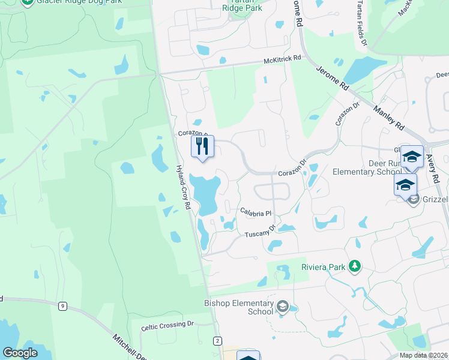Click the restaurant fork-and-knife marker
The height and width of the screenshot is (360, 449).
click(x=202, y=146)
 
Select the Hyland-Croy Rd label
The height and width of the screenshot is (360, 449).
click(x=183, y=187)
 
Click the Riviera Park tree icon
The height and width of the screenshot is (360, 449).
click(x=355, y=266)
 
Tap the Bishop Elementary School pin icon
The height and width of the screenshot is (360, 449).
click(x=283, y=308)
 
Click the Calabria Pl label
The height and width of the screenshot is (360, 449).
click(x=256, y=212)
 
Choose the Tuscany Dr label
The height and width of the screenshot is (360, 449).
click(x=260, y=231)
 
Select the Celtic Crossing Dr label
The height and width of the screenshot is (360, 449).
click(x=168, y=326)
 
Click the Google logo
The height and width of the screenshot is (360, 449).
click(x=20, y=353)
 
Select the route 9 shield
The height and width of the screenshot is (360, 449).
click(x=62, y=306)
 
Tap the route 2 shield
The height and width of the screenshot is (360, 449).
click(x=217, y=341)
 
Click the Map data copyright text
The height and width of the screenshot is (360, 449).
click(x=424, y=355)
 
